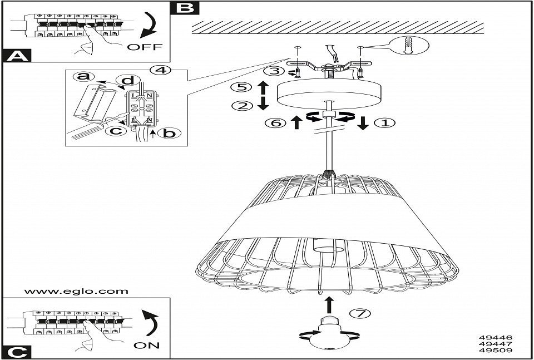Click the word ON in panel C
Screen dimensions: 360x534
(x=146, y=345)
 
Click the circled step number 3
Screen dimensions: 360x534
(x=272, y=71)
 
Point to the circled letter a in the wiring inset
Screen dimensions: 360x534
(x=83, y=76)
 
